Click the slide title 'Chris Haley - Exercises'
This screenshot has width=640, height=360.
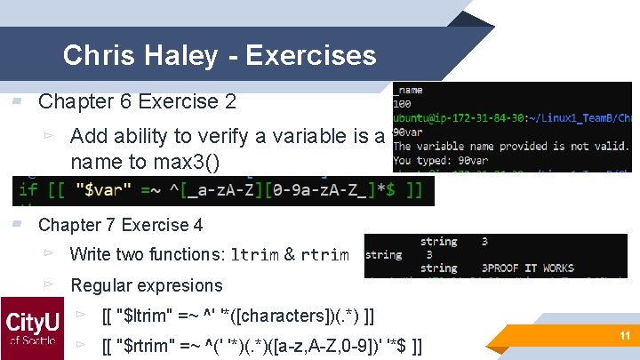220,55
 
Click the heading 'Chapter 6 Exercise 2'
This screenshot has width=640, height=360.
137,101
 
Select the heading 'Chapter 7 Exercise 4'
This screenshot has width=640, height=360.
120,225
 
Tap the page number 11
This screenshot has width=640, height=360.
623,334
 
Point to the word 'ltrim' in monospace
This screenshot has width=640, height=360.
254,255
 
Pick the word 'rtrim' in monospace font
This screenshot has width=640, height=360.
324,255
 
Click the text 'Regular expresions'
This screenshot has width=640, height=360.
146,285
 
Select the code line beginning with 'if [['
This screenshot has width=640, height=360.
222,189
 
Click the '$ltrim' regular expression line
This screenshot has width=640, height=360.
237,316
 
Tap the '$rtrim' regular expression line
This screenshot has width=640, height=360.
262,345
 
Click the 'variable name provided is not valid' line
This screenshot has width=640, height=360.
511,146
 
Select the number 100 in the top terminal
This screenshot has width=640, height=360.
403,104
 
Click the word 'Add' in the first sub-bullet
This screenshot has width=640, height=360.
86,136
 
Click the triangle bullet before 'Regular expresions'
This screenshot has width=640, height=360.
50,285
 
